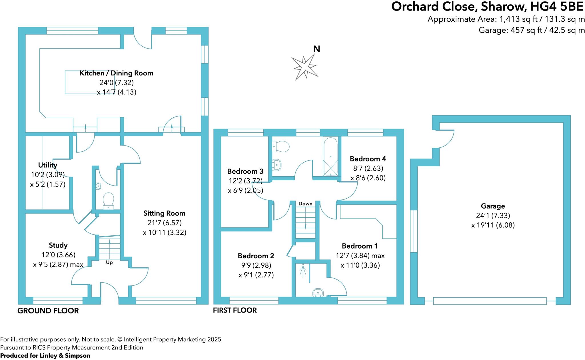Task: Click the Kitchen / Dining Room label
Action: coord(116,73)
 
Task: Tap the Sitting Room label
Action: coord(164,213)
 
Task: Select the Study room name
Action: coord(58,245)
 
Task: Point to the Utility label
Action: coord(48,165)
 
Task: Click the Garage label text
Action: coord(493,206)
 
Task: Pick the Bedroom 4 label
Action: coord(368,159)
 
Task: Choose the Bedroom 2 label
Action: coord(256,255)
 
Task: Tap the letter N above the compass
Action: coord(316,49)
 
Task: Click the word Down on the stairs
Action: coord(305,204)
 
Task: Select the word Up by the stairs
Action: coord(109,263)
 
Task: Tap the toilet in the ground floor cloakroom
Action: coord(108,199)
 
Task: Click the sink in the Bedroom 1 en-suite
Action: coord(318,293)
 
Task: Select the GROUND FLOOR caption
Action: coord(48,311)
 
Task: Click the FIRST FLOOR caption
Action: coord(235,310)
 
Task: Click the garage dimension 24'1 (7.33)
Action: coord(493,215)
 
